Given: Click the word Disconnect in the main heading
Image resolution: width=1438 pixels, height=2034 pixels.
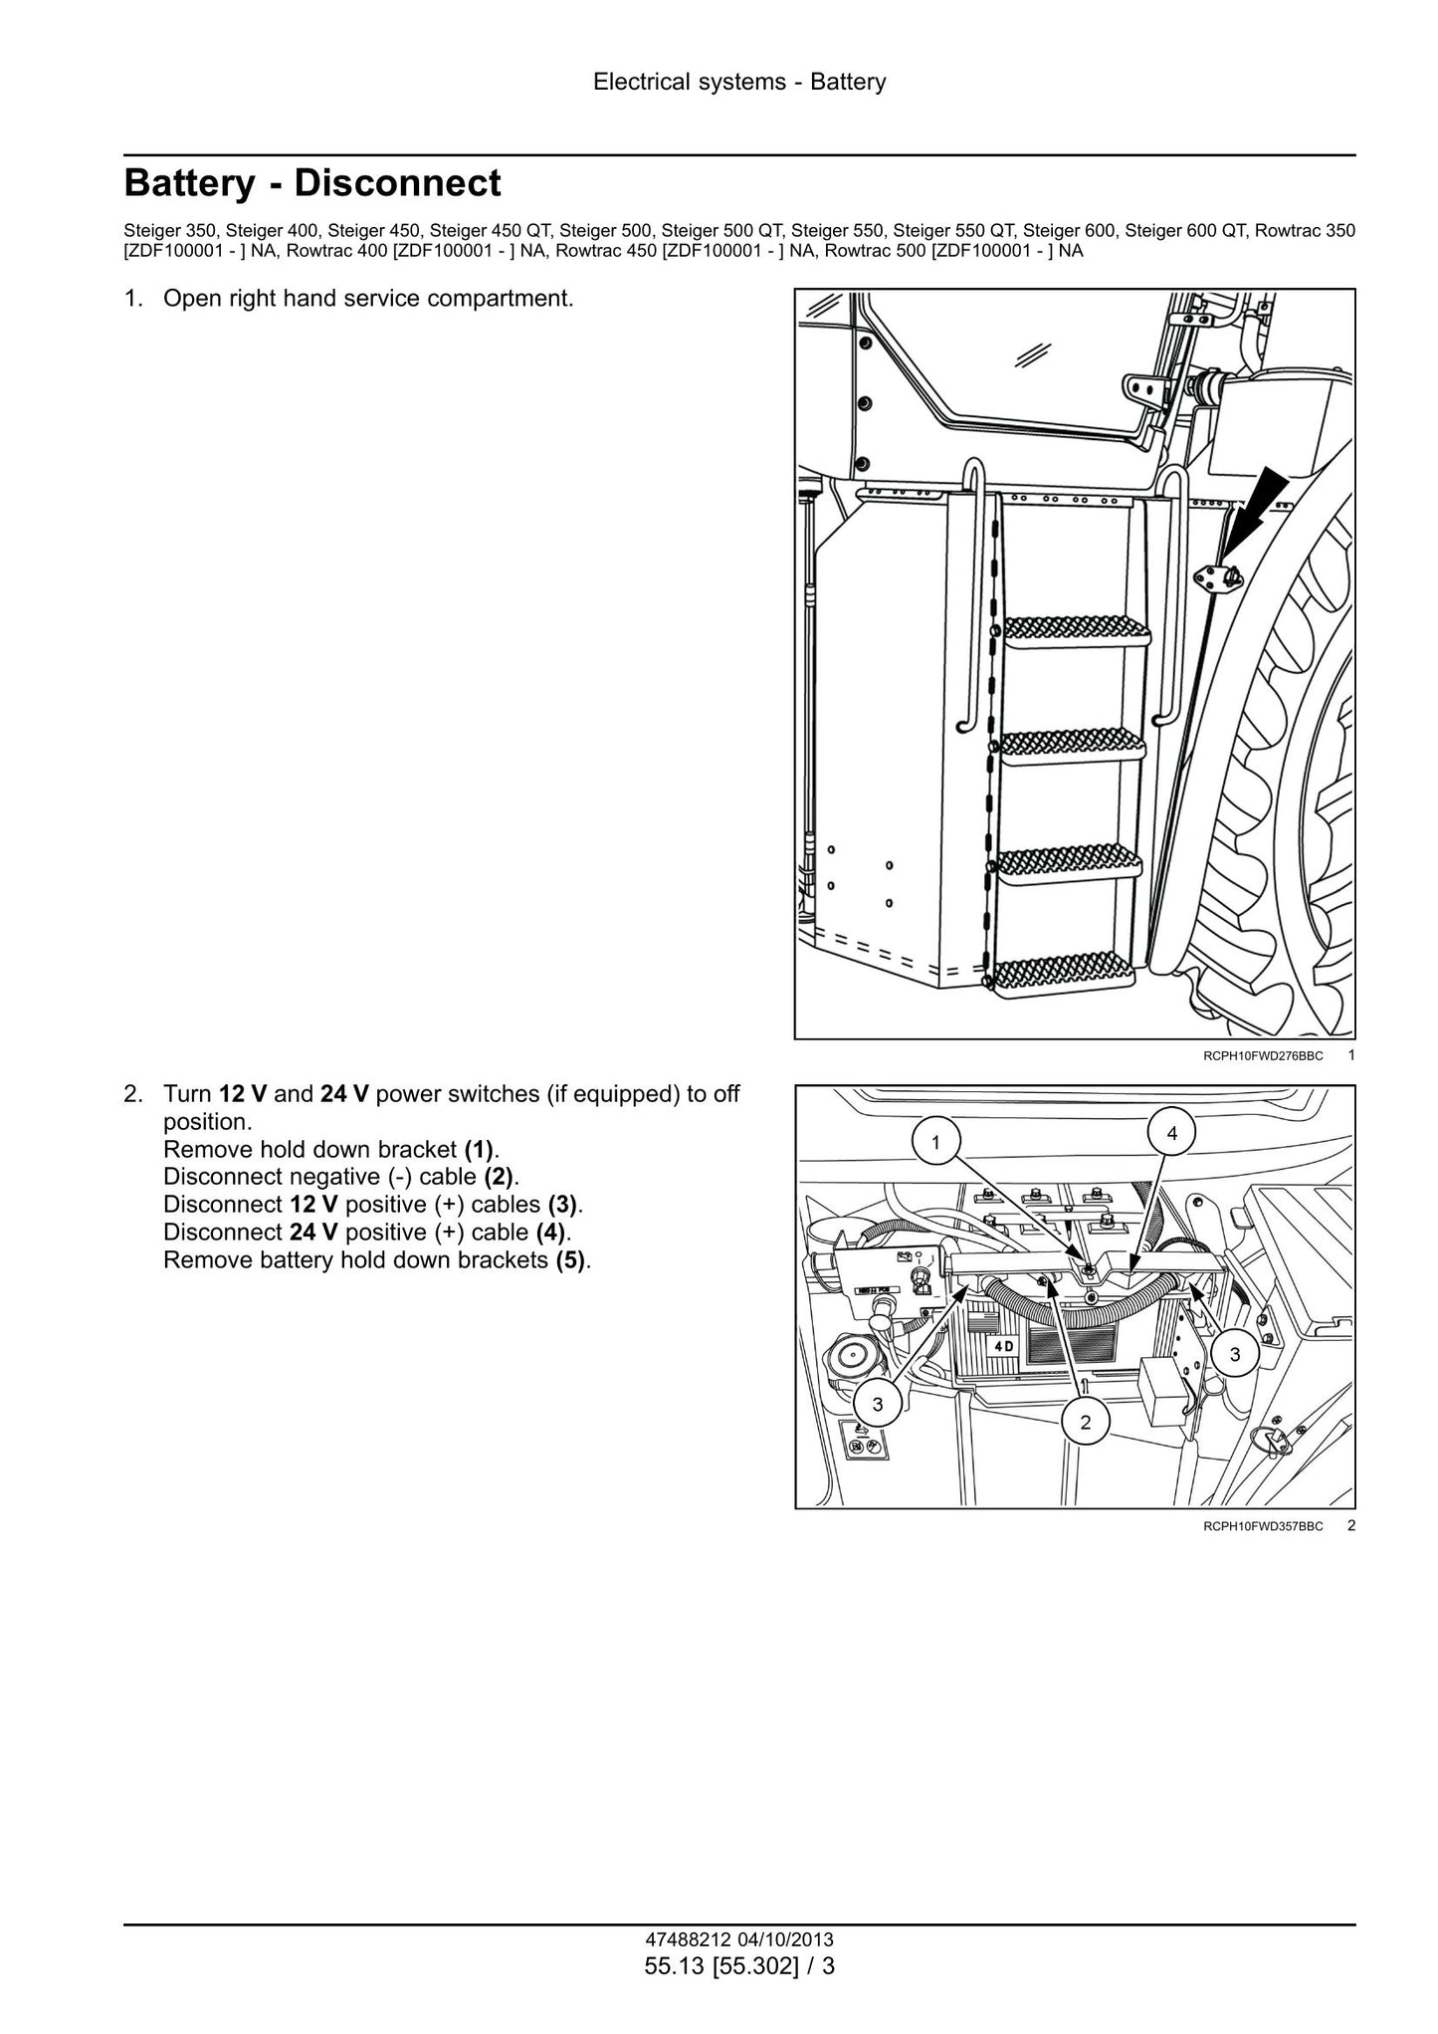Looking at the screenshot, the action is (x=398, y=184).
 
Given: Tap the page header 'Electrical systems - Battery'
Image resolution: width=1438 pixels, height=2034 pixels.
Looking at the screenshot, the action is (x=739, y=82).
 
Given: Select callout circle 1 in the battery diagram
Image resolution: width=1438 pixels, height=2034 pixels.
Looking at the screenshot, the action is (x=935, y=1143).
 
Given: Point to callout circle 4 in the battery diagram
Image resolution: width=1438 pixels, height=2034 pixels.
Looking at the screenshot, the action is (x=1172, y=1133).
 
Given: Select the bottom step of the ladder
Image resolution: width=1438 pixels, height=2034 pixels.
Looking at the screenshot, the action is (x=1062, y=975).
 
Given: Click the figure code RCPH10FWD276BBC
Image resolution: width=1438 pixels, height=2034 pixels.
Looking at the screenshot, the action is (x=1263, y=1055).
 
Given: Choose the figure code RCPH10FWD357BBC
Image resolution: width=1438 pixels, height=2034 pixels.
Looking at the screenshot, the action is (x=1263, y=1553).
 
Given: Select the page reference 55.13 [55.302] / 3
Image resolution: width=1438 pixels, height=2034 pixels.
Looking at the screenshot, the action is (x=739, y=1966).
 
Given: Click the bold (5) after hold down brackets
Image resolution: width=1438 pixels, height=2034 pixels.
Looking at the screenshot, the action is (x=571, y=1260).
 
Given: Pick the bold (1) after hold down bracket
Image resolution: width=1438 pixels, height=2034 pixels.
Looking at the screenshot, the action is (x=480, y=1150).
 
